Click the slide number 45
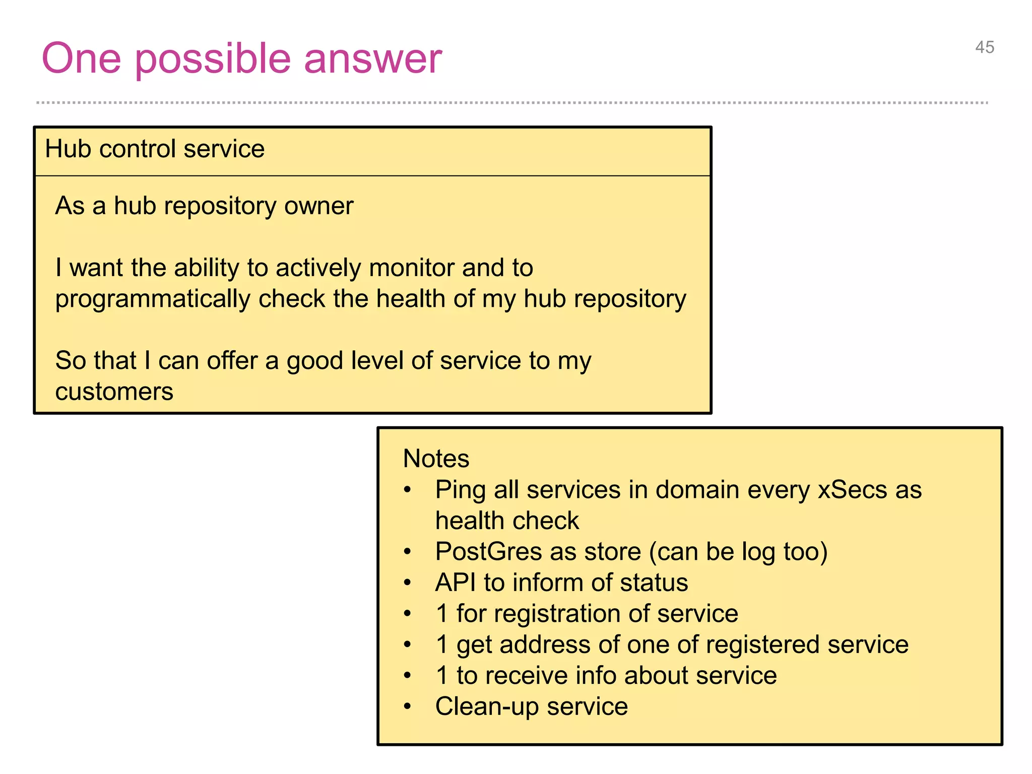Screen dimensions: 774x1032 (x=984, y=47)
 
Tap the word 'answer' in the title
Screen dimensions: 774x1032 (x=372, y=59)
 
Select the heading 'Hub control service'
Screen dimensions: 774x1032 (x=155, y=149)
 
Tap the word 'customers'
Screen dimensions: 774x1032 (x=114, y=392)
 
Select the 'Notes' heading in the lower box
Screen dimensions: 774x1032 (x=436, y=459)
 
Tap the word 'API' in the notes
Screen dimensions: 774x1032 (x=455, y=583)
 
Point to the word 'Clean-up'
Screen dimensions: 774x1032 (x=487, y=706)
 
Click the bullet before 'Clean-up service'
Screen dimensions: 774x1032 (x=408, y=706)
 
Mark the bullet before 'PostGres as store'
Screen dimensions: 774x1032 (x=408, y=552)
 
